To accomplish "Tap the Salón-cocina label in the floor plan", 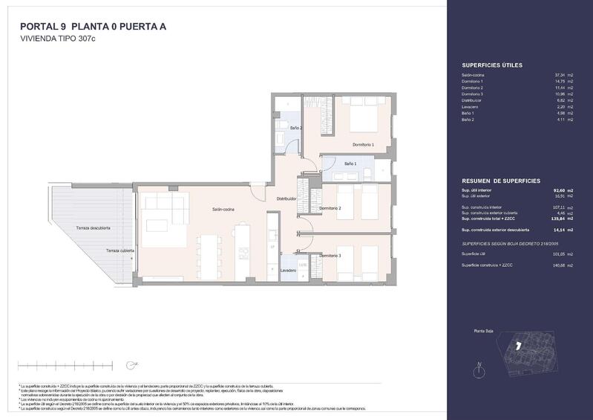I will point(223,210).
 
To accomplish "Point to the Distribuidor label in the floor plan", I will point(286,199).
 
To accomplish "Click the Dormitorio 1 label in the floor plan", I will point(363,144).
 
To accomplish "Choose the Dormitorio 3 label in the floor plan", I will point(330,256).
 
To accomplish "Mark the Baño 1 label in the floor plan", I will point(350,163).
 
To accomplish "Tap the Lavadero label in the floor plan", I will point(289,271).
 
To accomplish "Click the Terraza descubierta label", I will point(94,227).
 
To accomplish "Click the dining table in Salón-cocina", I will point(210,257).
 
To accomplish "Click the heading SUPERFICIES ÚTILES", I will point(492,65).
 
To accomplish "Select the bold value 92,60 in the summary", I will point(560,190).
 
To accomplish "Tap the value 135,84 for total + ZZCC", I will point(559,219).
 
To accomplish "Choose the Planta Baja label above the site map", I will point(484,331).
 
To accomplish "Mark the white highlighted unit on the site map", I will point(519,346).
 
